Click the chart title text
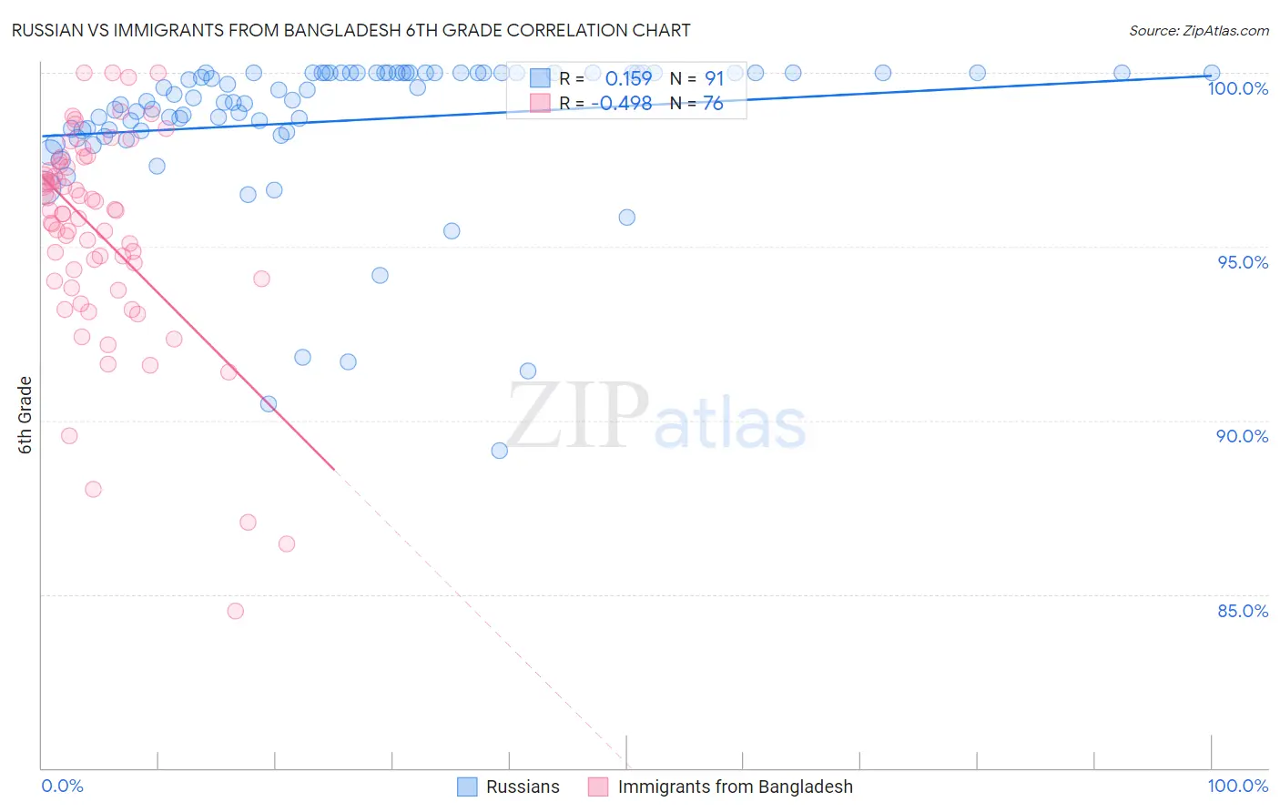tap(350, 30)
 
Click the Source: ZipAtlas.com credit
tap(1198, 30)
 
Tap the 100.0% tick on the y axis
tap(1237, 88)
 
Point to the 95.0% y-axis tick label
tap(1243, 262)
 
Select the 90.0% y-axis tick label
tap(1242, 436)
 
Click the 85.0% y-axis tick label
tap(1242, 611)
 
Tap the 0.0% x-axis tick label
tap(62, 786)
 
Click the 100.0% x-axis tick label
tap(1237, 786)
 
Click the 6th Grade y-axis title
tap(25, 415)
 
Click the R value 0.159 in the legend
tap(628, 78)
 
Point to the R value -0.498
tap(622, 104)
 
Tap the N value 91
tap(714, 78)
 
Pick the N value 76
tap(713, 104)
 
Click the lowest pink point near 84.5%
tap(236, 611)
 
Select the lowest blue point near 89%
tap(499, 451)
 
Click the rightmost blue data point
tap(1212, 73)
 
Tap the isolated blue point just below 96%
tap(626, 218)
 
